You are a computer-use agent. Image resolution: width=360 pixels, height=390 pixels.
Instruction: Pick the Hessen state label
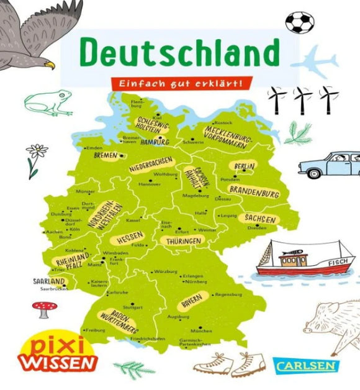pyautogui.click(x=127, y=237)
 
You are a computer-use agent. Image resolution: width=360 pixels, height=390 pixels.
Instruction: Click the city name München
pyautogui.click(x=197, y=330)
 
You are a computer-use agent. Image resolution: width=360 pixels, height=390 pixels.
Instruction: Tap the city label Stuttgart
pyautogui.click(x=133, y=307)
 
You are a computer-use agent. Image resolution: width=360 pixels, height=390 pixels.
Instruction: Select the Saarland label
pyautogui.click(x=49, y=281)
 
